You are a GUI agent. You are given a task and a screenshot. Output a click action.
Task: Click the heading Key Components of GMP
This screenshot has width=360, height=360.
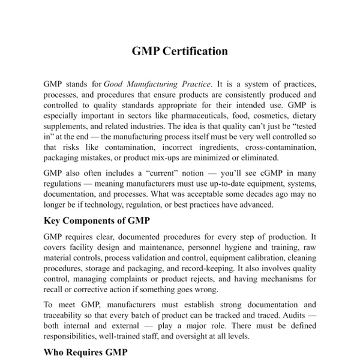(97, 220)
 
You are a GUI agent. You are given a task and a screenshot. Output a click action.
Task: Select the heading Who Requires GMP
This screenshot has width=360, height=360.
(85, 353)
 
